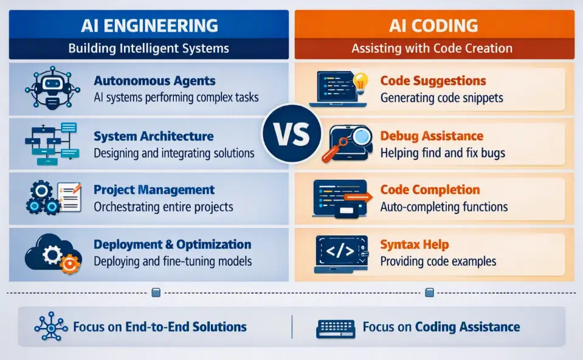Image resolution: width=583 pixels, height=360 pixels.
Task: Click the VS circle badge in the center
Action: coord(292,134)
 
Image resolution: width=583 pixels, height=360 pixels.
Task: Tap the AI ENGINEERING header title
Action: coord(150,26)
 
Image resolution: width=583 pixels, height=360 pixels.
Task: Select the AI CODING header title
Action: coord(433,26)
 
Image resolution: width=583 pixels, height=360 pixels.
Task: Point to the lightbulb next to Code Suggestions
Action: coord(360,82)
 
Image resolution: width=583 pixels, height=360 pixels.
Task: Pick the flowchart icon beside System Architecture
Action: coord(52,144)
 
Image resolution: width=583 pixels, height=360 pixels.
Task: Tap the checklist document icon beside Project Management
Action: coord(69,197)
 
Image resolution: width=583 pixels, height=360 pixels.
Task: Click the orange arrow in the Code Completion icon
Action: coord(357,197)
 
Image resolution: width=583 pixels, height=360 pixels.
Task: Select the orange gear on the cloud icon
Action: coord(69,263)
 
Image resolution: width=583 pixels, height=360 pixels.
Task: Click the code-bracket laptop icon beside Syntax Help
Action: coord(341,254)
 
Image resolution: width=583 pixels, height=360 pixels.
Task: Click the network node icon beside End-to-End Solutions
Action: coord(51,326)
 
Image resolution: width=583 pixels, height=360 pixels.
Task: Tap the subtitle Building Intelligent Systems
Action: coord(149,49)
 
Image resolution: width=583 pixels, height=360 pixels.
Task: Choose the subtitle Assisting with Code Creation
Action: coord(432,49)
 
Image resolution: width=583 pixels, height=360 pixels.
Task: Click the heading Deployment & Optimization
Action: coord(173,244)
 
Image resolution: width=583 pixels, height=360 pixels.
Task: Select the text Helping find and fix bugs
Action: coord(443,153)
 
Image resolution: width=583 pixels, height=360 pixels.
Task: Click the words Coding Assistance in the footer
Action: coord(467,327)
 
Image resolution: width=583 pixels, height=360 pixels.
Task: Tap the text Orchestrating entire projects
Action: coord(163,207)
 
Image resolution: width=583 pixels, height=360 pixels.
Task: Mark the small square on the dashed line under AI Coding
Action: coord(429,292)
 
